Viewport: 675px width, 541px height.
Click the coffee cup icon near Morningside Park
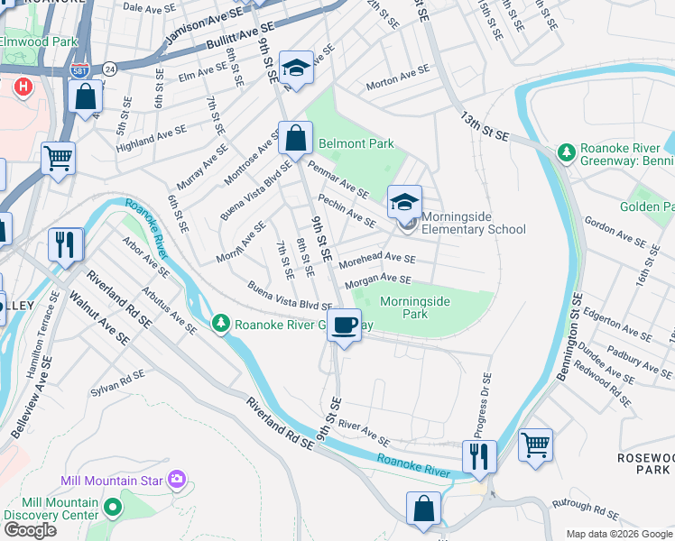pos(344,326)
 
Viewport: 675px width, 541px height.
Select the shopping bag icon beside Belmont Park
pos(294,139)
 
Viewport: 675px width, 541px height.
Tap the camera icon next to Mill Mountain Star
pos(179,479)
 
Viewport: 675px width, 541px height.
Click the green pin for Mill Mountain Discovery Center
pos(112,507)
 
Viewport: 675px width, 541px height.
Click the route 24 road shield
pos(109,68)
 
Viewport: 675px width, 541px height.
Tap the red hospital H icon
pos(23,87)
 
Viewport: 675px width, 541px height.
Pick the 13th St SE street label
pos(485,126)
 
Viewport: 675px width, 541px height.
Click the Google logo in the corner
pos(30,530)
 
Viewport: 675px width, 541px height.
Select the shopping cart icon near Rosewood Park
pos(535,445)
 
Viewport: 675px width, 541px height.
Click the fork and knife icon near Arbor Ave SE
pos(65,244)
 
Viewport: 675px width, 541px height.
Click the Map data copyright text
pos(617,533)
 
